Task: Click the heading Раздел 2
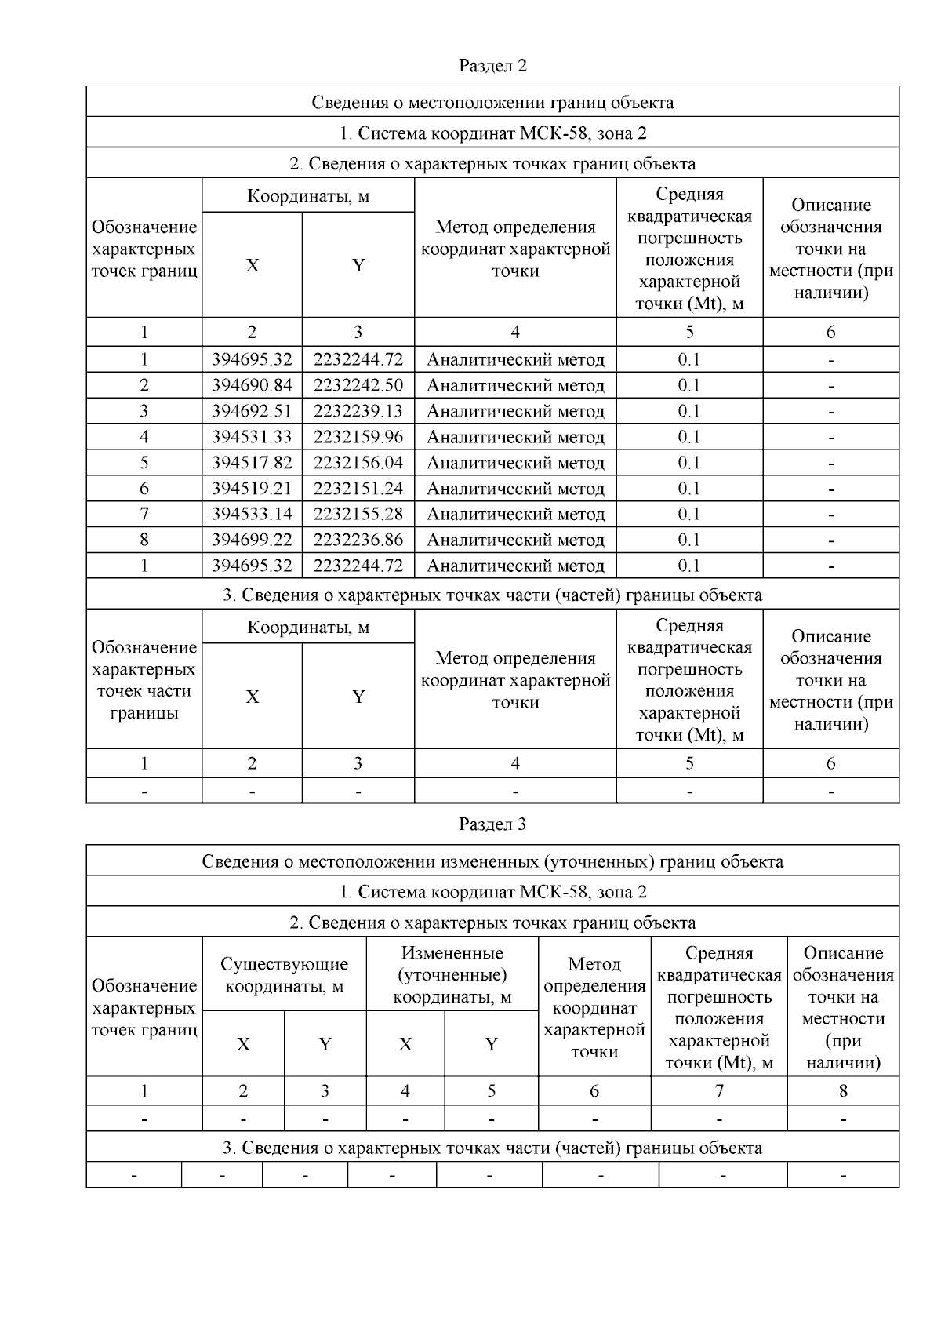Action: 492,66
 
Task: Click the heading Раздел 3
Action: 492,824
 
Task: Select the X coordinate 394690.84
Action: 252,385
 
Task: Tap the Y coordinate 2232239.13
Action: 358,411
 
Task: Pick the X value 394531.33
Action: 252,437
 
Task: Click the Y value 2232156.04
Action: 358,463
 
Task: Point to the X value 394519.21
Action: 252,489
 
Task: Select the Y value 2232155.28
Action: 358,514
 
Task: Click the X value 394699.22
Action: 252,540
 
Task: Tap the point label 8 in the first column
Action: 144,540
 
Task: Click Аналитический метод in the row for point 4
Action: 515,437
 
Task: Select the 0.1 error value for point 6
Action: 688,489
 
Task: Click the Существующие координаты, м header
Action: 284,975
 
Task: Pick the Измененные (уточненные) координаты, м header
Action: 452,975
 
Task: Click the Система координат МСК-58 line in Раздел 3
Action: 492,892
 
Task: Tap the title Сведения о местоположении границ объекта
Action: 492,103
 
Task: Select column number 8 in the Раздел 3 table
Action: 843,1090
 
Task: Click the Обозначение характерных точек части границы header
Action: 144,680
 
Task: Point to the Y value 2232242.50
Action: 358,385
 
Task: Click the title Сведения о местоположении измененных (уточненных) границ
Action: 492,861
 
